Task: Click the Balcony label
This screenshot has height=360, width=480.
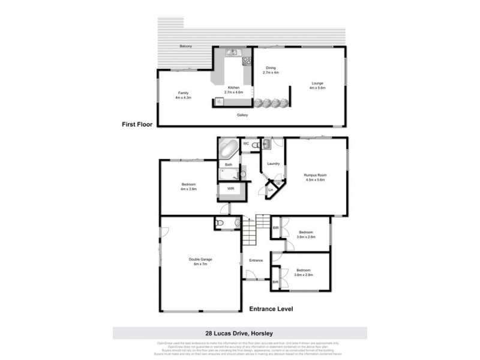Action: (x=185, y=47)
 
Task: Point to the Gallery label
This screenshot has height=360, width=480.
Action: (x=242, y=115)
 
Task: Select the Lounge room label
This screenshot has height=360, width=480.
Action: (x=317, y=83)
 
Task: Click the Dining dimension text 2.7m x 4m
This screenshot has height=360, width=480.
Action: (x=271, y=73)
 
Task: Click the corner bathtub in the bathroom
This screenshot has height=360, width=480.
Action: (x=229, y=148)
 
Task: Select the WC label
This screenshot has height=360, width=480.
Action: (x=246, y=143)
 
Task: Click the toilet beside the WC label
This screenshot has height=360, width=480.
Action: (x=256, y=145)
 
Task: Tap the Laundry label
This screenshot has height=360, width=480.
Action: (x=274, y=163)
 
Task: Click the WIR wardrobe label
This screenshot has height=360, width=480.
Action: (x=230, y=188)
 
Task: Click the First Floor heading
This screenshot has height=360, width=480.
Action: (x=137, y=125)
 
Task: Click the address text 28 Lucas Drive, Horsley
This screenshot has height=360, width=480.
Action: (x=239, y=332)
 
